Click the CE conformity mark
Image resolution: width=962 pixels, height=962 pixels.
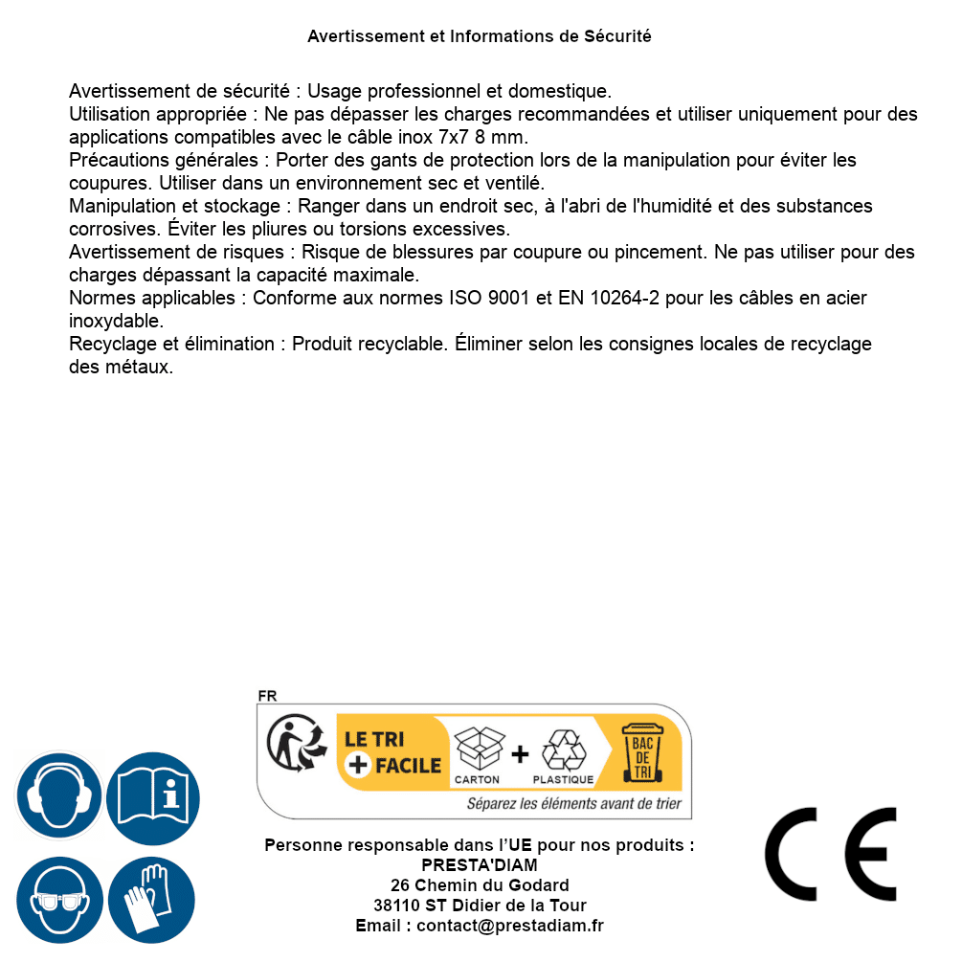point(830,854)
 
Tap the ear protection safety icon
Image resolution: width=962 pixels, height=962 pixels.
point(58,795)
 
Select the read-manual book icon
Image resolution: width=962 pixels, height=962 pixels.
point(152,795)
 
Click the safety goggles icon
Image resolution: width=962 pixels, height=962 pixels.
point(58,901)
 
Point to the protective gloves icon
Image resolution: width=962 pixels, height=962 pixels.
point(152,901)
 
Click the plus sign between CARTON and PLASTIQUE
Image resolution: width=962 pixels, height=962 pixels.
point(520,754)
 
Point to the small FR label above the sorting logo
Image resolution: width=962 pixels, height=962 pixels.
point(267,696)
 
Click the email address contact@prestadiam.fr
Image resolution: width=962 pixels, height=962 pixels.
point(510,926)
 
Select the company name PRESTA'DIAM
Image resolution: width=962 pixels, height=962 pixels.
point(480,865)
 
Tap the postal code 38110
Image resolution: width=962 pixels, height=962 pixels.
point(395,906)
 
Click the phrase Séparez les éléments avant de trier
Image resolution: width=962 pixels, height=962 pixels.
point(573,804)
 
